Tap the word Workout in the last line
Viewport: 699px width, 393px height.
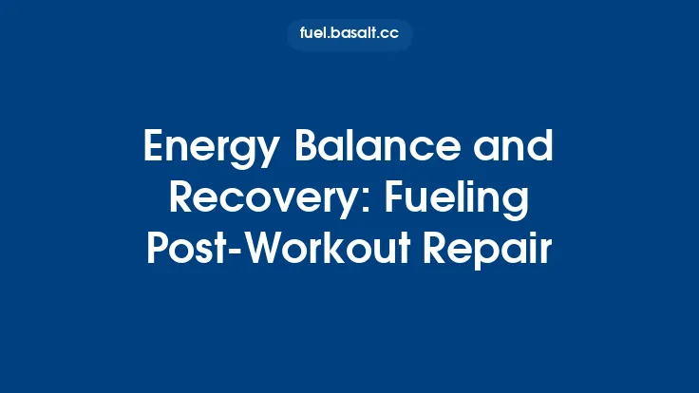point(328,250)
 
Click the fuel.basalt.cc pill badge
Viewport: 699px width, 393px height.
point(349,35)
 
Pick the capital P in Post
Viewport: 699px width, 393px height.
point(158,250)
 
